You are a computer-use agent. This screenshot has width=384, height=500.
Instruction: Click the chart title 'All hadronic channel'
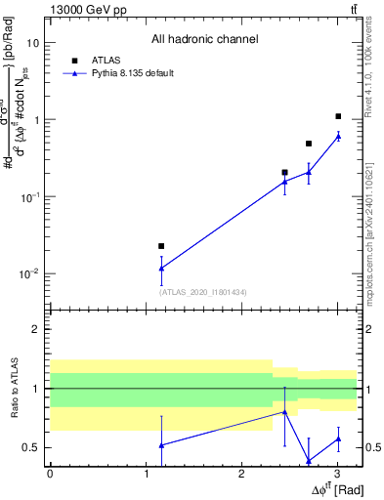click(x=204, y=39)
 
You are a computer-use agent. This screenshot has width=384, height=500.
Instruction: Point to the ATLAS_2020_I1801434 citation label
click(x=202, y=291)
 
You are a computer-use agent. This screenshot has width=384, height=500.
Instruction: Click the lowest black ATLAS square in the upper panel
click(x=161, y=246)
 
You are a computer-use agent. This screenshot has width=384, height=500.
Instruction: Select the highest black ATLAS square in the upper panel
click(x=338, y=116)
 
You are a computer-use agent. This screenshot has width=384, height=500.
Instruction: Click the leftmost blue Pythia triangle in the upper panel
click(x=161, y=268)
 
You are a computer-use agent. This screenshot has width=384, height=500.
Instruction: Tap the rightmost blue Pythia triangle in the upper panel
click(x=338, y=136)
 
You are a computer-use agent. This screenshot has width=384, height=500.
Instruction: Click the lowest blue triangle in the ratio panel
click(x=309, y=461)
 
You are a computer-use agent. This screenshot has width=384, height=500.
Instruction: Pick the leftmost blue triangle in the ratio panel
click(x=161, y=445)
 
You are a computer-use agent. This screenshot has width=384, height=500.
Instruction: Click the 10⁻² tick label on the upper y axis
click(x=29, y=273)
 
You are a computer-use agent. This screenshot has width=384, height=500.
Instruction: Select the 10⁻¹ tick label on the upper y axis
click(x=29, y=196)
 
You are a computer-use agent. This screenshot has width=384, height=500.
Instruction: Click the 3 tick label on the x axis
click(x=337, y=473)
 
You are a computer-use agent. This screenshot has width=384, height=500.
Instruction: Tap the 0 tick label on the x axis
click(x=50, y=473)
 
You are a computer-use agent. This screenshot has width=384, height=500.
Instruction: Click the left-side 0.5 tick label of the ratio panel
click(x=33, y=448)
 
